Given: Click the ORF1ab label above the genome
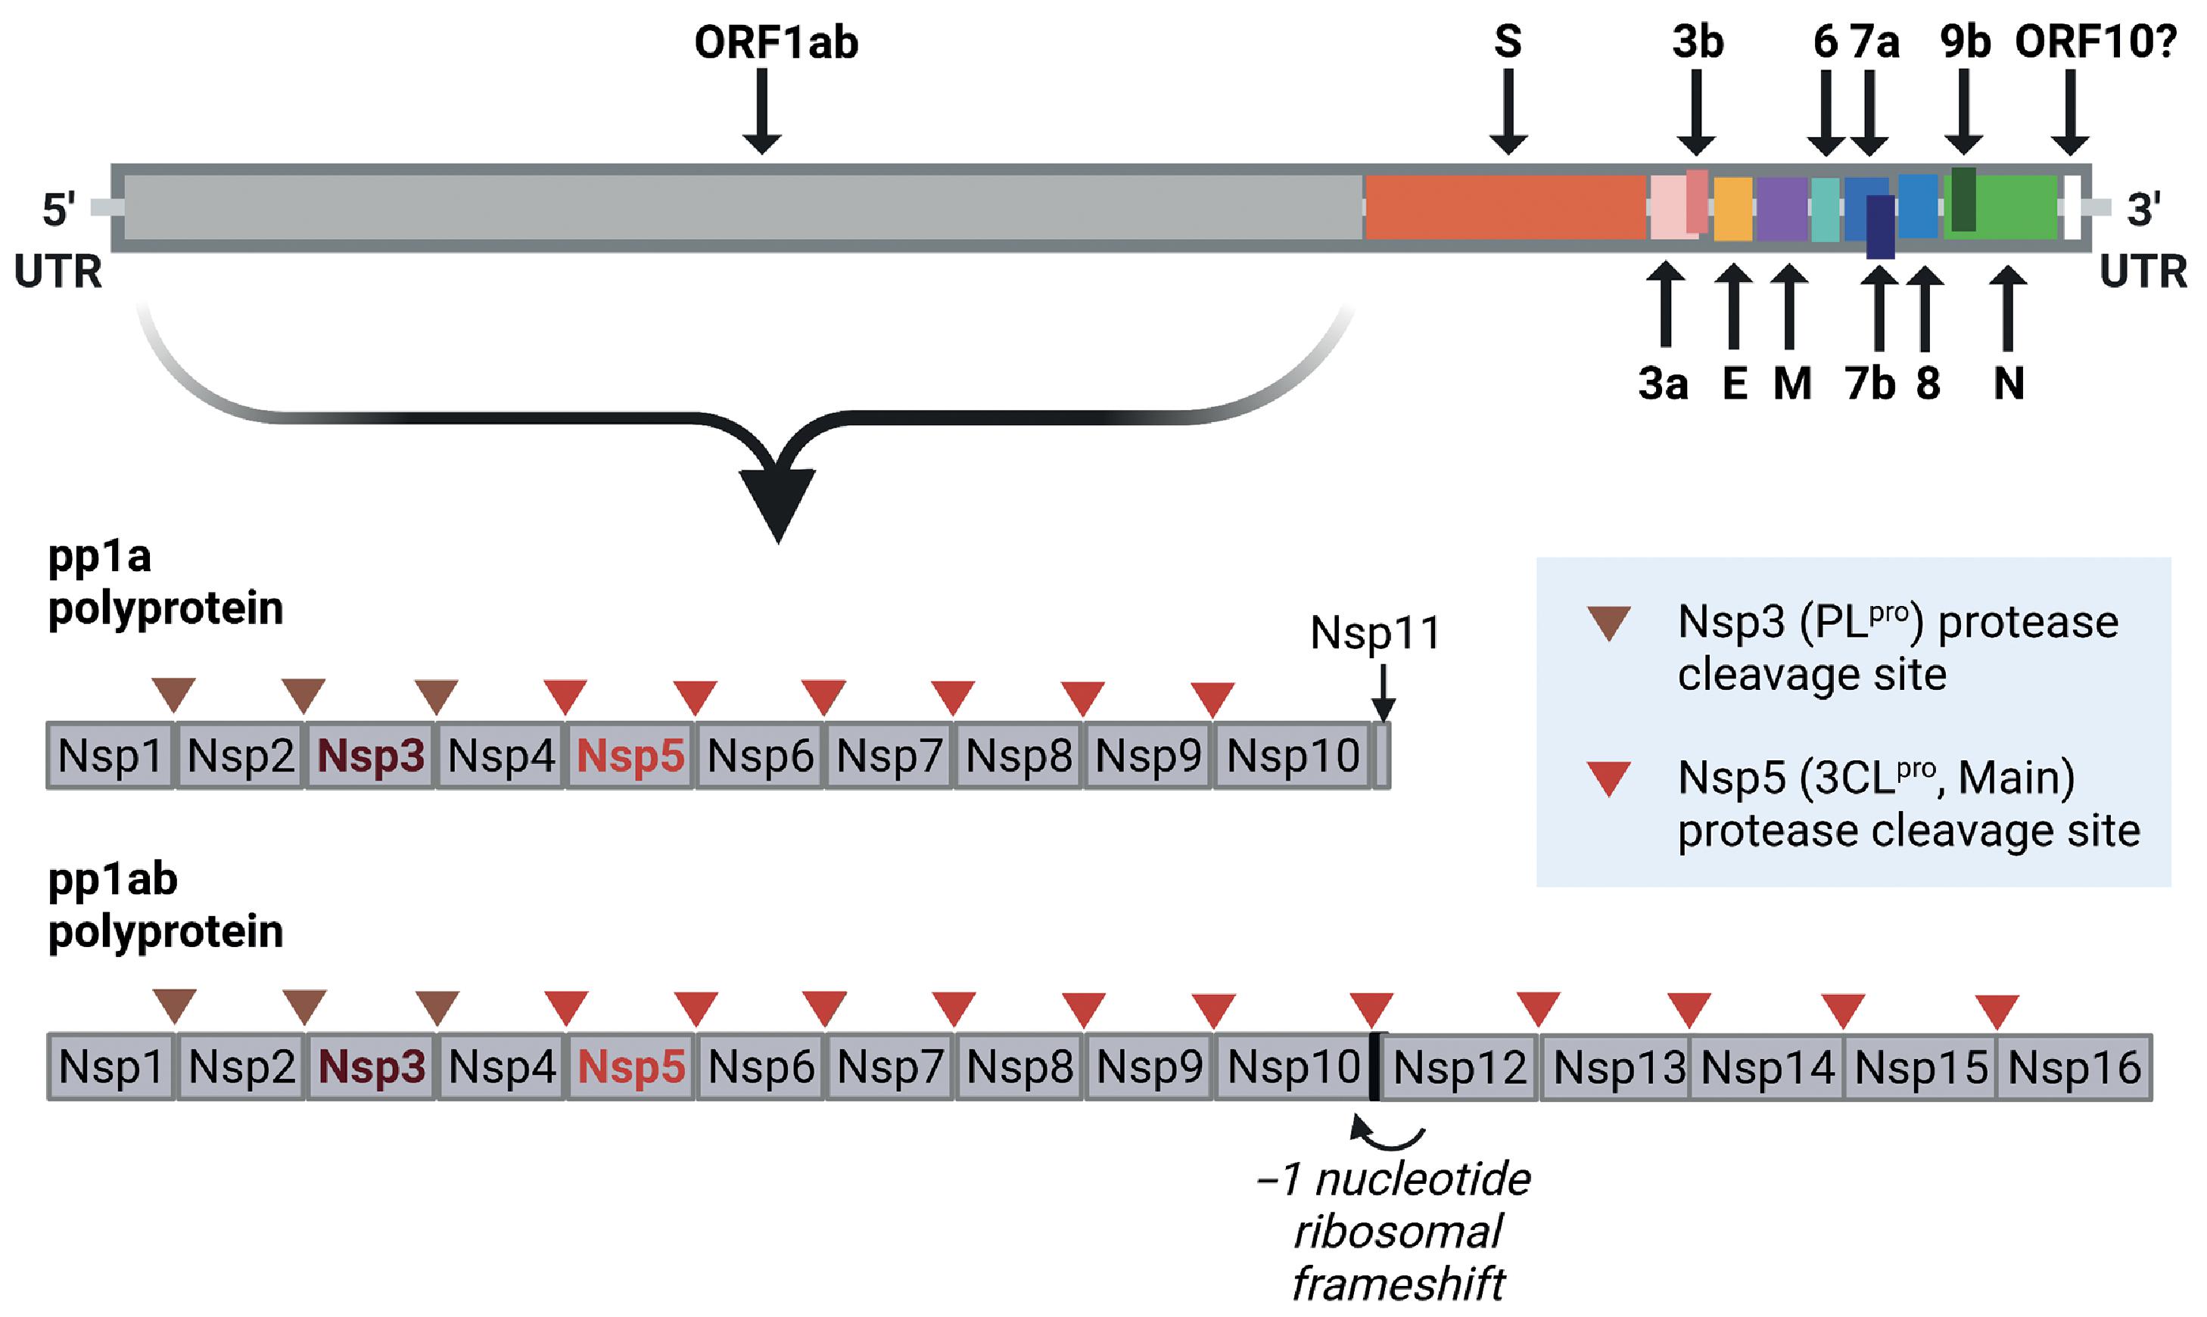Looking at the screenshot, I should [x=776, y=42].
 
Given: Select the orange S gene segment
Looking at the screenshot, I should [x=1505, y=207].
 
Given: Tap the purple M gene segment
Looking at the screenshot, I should [x=1781, y=209].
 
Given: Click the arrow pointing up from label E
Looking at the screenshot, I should [x=1733, y=306].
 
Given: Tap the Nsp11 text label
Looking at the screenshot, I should [x=1375, y=632].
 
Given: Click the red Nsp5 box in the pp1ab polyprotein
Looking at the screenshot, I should [x=631, y=1067].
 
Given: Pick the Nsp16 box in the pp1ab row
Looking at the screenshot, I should [x=2074, y=1067].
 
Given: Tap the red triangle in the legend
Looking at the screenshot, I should [x=1608, y=778].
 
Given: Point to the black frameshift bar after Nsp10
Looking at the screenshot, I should [x=1374, y=1066].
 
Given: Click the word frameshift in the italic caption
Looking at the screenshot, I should [x=1398, y=1283].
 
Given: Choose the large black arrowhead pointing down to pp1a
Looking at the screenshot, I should [x=778, y=502].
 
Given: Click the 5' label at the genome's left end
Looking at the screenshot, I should [x=58, y=210].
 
